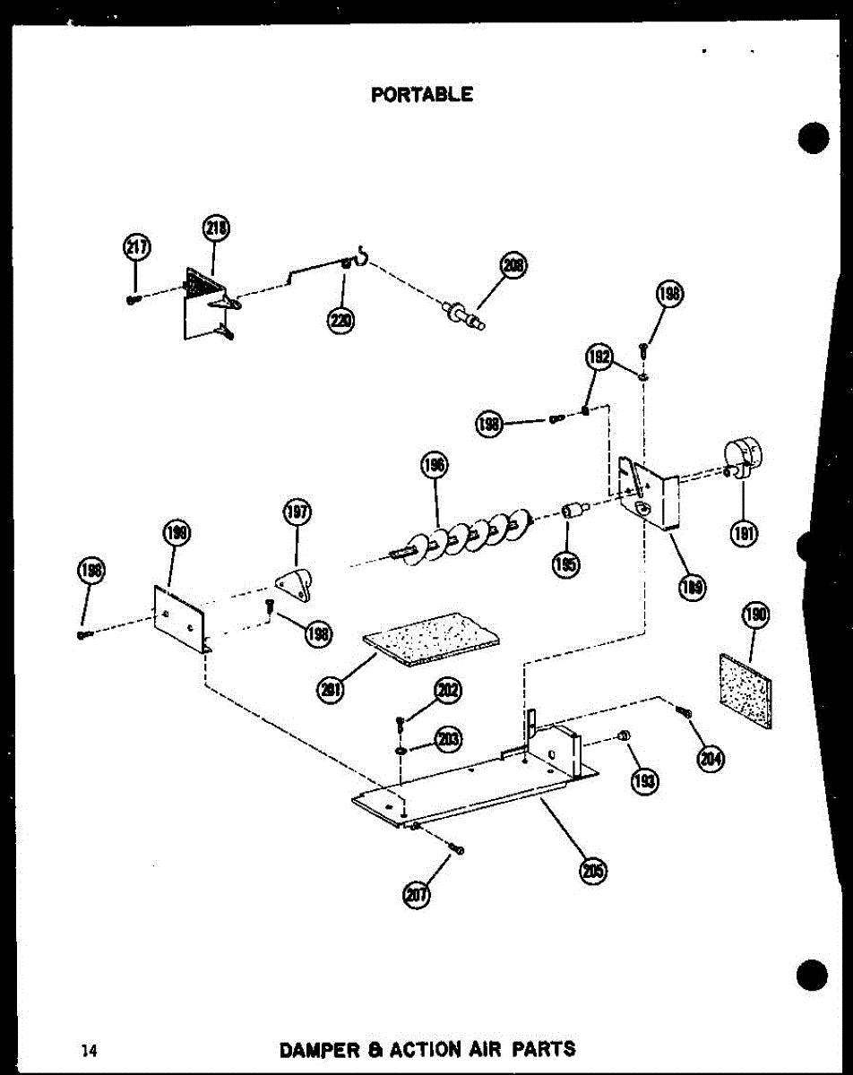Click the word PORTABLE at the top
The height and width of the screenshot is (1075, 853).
(x=421, y=93)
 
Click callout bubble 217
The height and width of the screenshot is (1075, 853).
(x=136, y=248)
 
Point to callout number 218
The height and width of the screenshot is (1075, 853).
(x=216, y=230)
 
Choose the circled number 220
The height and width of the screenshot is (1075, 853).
(x=341, y=319)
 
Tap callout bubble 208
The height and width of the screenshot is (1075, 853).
(x=513, y=267)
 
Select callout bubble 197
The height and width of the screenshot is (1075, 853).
(x=297, y=514)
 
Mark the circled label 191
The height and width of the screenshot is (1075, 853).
(x=745, y=534)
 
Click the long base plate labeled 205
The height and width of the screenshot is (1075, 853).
(x=475, y=784)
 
